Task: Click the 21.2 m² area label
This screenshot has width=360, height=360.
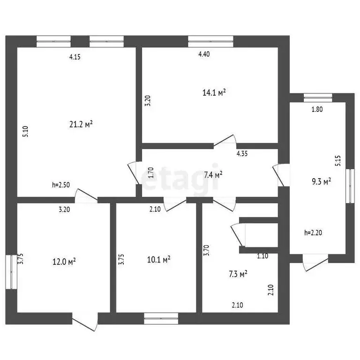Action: (81, 124)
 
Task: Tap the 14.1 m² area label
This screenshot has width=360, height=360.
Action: (214, 93)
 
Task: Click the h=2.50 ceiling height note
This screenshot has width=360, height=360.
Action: (61, 185)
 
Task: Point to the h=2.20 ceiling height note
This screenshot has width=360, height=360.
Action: (314, 232)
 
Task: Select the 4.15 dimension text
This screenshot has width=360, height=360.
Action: (75, 57)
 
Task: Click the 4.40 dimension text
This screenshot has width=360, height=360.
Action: (204, 54)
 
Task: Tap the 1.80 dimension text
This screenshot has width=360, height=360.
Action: (317, 110)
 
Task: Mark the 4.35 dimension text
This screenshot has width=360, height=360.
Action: (242, 153)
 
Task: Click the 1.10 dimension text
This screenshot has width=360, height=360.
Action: (262, 256)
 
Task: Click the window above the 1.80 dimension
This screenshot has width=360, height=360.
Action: (318, 97)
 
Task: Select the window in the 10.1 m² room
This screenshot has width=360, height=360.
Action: (161, 318)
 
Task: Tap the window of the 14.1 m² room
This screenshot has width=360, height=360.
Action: (210, 41)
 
